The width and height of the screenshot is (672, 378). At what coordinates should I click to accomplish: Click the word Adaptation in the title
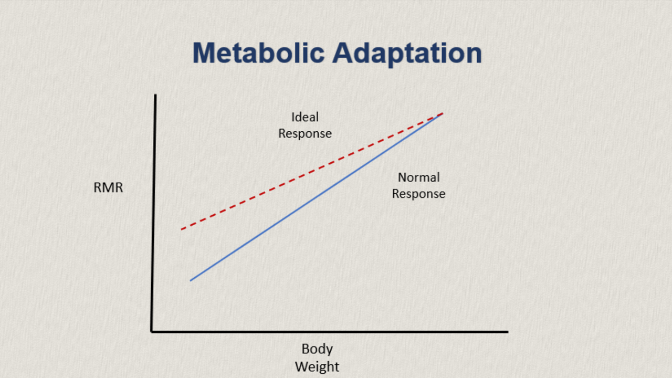pos(407,54)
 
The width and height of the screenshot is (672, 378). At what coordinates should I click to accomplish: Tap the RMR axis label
pos(108,187)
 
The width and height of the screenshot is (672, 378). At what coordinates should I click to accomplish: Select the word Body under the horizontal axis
pos(317,349)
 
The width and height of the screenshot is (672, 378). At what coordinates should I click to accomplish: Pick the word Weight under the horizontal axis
pos(317,366)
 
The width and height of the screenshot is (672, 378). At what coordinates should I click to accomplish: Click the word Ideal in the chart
pos(305,117)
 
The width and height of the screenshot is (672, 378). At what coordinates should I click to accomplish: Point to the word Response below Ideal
pos(305,133)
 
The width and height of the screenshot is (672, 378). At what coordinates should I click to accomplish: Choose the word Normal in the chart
pos(418,177)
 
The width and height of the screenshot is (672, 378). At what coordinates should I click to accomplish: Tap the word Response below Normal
pos(418,194)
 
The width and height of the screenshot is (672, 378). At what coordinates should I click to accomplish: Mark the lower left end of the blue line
pos(191,280)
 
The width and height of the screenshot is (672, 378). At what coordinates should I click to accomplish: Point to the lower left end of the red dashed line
pos(182,229)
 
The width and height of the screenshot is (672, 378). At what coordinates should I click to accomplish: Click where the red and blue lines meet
pos(442,113)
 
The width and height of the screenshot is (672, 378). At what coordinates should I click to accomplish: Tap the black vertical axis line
pos(154,210)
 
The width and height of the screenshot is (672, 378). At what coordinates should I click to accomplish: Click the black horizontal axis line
pos(331,331)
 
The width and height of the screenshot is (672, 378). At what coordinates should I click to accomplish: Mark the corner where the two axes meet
pos(153,331)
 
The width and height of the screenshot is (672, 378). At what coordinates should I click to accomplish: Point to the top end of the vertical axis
pos(155,96)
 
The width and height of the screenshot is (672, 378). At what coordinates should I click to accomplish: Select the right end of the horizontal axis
pos(507,331)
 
